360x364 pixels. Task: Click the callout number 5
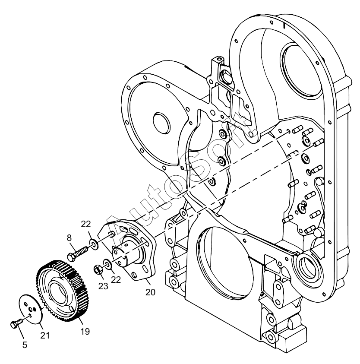click(x=25, y=345)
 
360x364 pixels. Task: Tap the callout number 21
click(x=45, y=335)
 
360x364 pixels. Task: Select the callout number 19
click(x=85, y=331)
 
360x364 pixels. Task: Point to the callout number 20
click(x=150, y=292)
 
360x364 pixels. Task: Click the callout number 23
click(x=103, y=286)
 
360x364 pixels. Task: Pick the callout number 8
click(x=69, y=238)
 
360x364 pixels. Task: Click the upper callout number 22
click(x=86, y=224)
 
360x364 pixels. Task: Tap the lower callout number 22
click(x=116, y=280)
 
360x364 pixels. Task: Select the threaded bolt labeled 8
click(x=78, y=253)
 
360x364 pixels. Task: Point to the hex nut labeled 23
click(x=97, y=269)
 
